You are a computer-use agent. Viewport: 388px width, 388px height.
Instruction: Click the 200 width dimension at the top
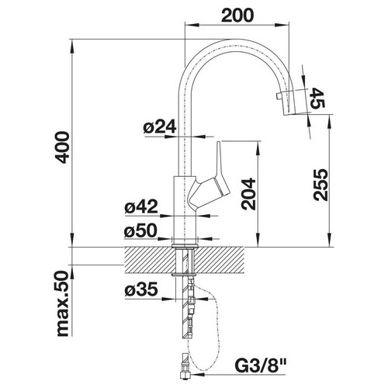[237, 16]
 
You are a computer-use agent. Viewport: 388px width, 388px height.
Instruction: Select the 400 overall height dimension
[62, 147]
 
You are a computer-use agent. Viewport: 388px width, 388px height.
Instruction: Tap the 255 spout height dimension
[320, 185]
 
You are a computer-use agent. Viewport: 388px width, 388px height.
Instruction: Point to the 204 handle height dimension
[248, 193]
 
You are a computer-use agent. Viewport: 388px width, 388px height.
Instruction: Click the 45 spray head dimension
[317, 98]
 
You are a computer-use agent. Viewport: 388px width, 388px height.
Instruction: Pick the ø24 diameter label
[160, 126]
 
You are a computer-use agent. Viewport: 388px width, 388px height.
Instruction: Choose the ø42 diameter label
[141, 206]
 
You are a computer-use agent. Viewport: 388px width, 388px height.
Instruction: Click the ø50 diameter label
[140, 230]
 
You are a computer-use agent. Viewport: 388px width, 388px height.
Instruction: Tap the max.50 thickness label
[62, 304]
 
